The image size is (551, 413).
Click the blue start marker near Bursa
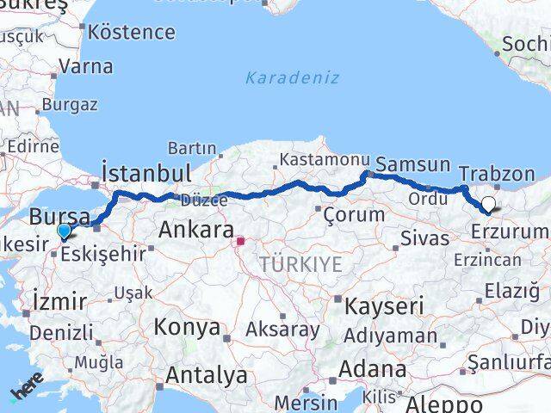pos(64,231)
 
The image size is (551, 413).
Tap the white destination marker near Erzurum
pos(489,205)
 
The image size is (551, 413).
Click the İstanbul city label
pos(145,171)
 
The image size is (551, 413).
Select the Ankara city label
pos(196,231)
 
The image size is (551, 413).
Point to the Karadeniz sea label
pos(292,77)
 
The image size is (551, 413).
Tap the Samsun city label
pos(413,164)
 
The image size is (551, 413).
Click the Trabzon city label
pos(497,174)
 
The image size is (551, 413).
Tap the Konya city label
pos(186,327)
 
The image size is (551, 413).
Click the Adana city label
pos(372,369)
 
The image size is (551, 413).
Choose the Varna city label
pos(85,66)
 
